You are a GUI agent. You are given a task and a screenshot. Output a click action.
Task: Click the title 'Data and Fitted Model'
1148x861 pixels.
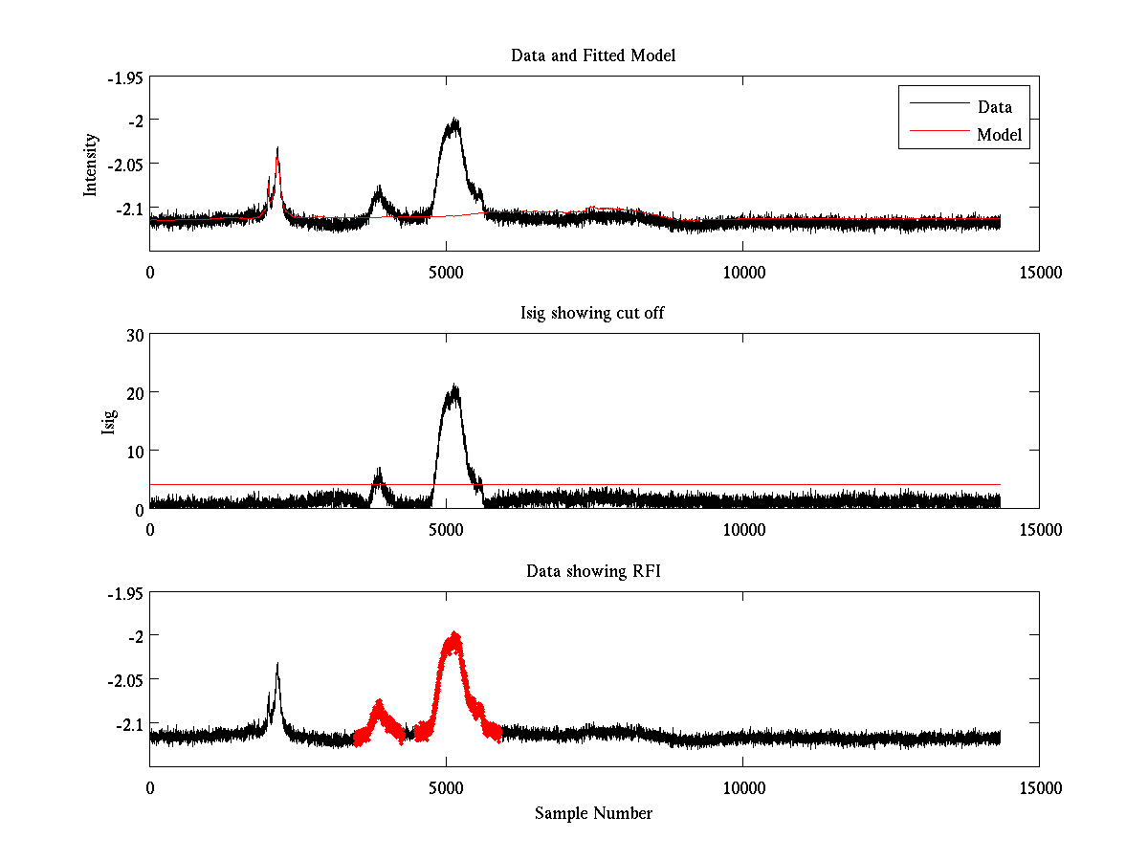593,55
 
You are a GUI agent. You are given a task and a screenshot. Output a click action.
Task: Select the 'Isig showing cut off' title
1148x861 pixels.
593,314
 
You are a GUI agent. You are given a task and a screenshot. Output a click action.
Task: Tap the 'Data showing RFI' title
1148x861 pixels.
593,571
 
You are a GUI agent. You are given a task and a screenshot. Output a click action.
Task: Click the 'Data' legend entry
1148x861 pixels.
994,106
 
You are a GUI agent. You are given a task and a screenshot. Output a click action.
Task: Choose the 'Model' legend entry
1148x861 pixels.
999,135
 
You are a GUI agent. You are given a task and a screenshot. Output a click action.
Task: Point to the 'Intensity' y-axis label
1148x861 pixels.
91,164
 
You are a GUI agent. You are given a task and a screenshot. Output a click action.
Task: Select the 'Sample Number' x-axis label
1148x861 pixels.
593,813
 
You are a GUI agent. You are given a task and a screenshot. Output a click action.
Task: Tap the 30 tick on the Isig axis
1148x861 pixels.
133,335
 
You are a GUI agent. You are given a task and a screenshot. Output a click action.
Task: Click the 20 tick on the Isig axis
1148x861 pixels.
133,392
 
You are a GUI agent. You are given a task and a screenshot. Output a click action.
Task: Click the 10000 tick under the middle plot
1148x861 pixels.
742,529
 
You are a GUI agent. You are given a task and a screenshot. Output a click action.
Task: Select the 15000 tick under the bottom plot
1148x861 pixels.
1039,787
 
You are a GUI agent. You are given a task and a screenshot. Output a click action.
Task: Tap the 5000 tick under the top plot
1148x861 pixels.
446,272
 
